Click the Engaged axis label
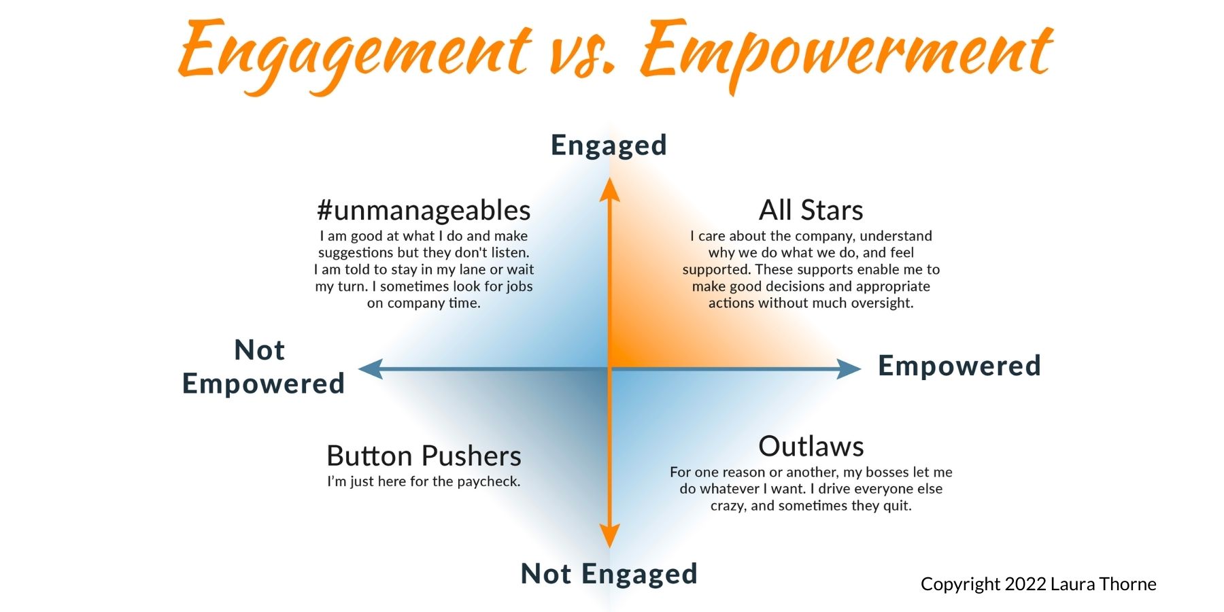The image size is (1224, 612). pos(609,146)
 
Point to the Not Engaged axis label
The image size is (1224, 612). pos(609,574)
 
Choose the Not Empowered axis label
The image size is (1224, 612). pos(263,367)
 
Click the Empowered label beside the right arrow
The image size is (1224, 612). pos(959,366)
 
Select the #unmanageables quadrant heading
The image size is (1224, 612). pos(424,211)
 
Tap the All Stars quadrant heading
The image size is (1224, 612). pos(811,210)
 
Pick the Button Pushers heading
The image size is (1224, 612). pos(424,456)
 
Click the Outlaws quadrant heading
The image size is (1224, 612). pos(811,447)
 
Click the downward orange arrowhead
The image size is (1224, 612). pos(609,537)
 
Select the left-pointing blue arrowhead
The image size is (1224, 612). pos(371,369)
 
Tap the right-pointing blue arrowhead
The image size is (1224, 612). pos(849,369)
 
